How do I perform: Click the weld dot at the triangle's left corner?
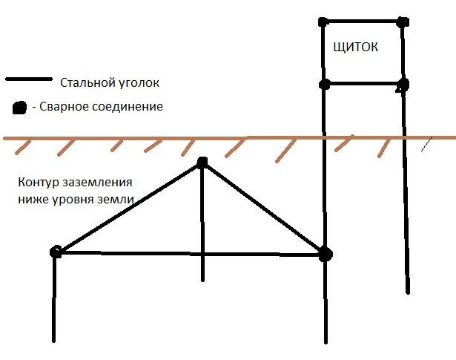55,252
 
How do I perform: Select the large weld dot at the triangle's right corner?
325,254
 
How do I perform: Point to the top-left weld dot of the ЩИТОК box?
323,22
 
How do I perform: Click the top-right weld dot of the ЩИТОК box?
402,22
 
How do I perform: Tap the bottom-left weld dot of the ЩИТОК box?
323,84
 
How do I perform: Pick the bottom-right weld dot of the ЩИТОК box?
402,84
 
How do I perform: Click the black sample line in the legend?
29,79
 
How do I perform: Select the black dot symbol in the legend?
19,108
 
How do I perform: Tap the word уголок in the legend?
142,82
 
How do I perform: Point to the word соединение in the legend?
129,108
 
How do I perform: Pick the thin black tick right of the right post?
427,143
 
